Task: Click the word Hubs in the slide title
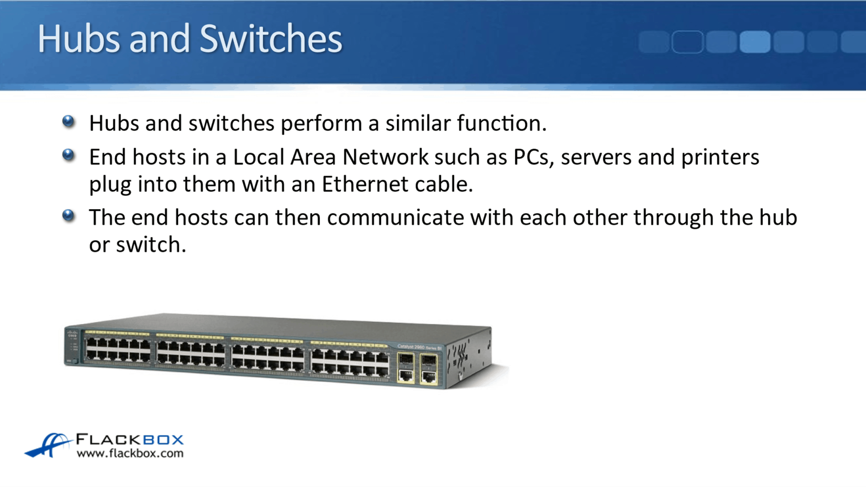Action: (78, 39)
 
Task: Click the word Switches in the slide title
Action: (270, 39)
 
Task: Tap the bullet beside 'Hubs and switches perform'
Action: (68, 122)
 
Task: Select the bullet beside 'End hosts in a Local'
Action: (68, 155)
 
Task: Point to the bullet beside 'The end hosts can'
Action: (68, 216)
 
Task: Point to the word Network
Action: (385, 157)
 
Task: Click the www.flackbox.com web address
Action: (130, 454)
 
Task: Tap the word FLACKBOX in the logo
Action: (129, 440)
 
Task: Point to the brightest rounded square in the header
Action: (755, 42)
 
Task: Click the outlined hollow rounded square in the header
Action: (687, 42)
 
